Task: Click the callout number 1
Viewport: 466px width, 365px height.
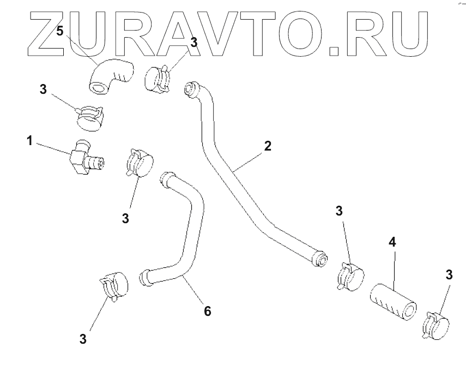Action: pyautogui.click(x=31, y=141)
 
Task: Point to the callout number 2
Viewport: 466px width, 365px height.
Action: pyautogui.click(x=267, y=146)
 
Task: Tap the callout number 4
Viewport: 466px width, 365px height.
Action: pyautogui.click(x=392, y=241)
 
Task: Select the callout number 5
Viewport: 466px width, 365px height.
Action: pyautogui.click(x=60, y=31)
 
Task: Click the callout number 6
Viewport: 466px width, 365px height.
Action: pyautogui.click(x=207, y=311)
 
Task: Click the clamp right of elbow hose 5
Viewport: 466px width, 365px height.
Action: pyautogui.click(x=158, y=78)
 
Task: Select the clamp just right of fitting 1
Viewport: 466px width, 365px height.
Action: pyautogui.click(x=138, y=163)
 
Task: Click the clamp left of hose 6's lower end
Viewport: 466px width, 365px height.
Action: pyautogui.click(x=114, y=286)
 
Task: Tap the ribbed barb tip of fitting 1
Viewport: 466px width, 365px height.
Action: pyautogui.click(x=99, y=162)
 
